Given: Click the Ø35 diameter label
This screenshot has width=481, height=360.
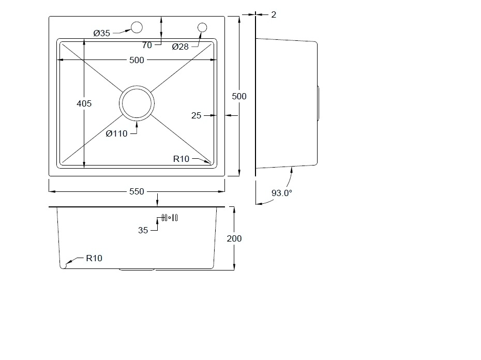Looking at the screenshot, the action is point(101,33).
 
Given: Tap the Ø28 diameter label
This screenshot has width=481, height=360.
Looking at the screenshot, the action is point(180,47).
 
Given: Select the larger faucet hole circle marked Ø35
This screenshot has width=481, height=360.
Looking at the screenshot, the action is point(137,27).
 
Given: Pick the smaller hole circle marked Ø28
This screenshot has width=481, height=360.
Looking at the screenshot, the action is point(202,27).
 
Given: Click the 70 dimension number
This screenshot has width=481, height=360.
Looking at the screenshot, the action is point(147,45).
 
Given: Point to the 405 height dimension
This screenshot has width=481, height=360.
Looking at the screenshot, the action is point(84,103).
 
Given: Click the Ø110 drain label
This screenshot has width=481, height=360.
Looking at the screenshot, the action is point(116,134).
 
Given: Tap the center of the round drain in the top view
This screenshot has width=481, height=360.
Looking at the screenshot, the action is point(137,103).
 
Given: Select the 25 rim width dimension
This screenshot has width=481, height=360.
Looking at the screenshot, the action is point(196,115).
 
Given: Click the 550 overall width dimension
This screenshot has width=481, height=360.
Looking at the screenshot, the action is point(137,191).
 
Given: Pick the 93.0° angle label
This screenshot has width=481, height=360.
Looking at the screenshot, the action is point(281,193).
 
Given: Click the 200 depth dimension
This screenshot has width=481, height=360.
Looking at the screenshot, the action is point(234,238).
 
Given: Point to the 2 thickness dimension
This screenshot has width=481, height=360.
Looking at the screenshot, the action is point(274,14).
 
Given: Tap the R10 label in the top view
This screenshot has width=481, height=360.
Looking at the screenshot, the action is point(182,159).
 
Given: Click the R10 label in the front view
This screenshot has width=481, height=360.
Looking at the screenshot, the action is point(94,258).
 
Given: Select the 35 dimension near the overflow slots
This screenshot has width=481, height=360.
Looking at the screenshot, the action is point(143,230).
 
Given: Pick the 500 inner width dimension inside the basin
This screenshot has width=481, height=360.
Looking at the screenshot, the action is point(137,60).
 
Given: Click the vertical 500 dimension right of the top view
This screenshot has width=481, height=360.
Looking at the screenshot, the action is point(239,96).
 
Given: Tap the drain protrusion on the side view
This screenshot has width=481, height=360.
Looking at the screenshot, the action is point(318,103).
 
